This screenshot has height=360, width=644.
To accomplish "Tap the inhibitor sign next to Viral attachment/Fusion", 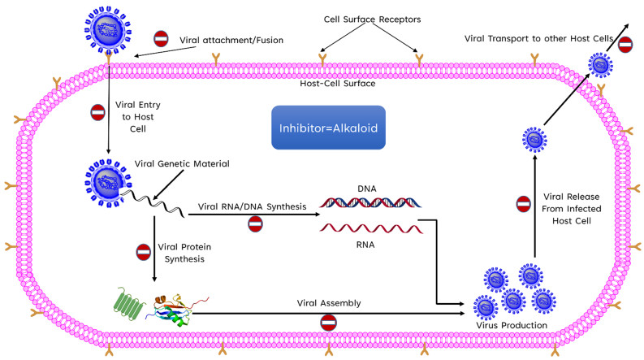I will (x=161, y=38).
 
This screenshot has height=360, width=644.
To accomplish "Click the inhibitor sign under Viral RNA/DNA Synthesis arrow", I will (x=256, y=223).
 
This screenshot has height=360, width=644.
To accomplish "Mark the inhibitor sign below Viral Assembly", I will (x=328, y=323).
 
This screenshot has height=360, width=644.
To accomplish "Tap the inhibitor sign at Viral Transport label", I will (x=625, y=45).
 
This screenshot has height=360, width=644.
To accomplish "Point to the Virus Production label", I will (x=510, y=325).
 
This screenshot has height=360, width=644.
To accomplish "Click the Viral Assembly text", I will (x=328, y=302).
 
